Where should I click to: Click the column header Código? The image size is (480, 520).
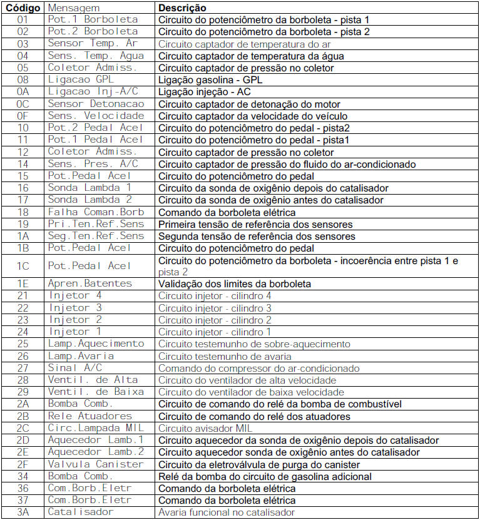[x=23, y=8]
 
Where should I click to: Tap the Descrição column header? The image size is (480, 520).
[x=182, y=8]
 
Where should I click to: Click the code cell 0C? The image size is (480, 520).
[x=23, y=104]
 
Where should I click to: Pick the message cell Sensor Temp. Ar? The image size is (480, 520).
[x=93, y=44]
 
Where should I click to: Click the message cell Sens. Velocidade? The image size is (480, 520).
[x=96, y=116]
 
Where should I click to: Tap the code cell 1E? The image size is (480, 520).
[x=23, y=283]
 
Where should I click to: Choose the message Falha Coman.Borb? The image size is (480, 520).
[x=96, y=212]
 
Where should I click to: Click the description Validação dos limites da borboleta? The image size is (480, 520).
[x=234, y=283]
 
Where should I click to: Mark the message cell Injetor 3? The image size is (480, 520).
[x=74, y=308]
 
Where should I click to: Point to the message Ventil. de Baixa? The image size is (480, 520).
[x=96, y=392]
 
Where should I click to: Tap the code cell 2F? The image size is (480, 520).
[x=23, y=464]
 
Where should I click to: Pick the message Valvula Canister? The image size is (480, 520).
[x=96, y=464]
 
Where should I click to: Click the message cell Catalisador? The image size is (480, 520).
[x=81, y=512]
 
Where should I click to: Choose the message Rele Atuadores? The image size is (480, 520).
[x=90, y=416]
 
